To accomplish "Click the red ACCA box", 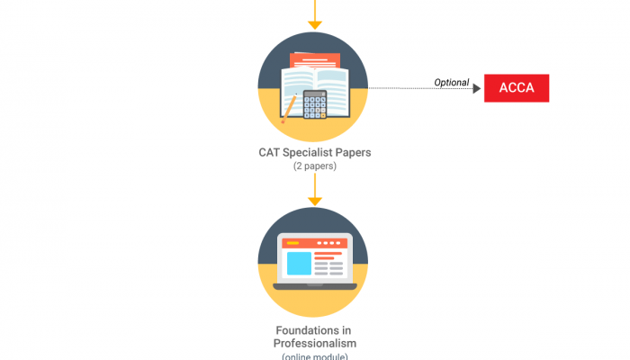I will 517,88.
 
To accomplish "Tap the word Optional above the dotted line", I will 452,83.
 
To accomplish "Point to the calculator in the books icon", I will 314,104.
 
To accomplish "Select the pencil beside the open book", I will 290,108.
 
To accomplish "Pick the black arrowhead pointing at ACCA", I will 477,88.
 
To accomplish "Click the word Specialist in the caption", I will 313,152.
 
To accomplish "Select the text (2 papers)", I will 313,166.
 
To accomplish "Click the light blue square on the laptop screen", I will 298,264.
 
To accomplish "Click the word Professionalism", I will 314,344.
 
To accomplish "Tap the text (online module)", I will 313,356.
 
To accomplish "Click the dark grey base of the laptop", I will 313,285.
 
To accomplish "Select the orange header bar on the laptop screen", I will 313,243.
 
